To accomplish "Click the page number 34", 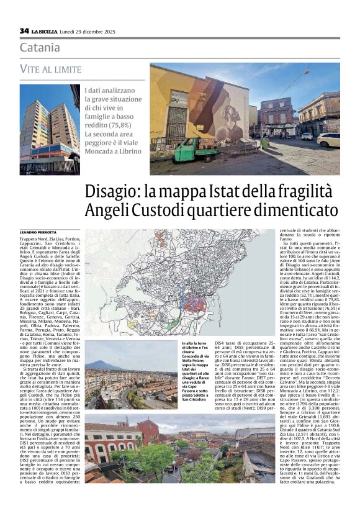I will pyautogui.click(x=24, y=30).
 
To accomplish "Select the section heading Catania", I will pyautogui.click(x=40, y=47).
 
